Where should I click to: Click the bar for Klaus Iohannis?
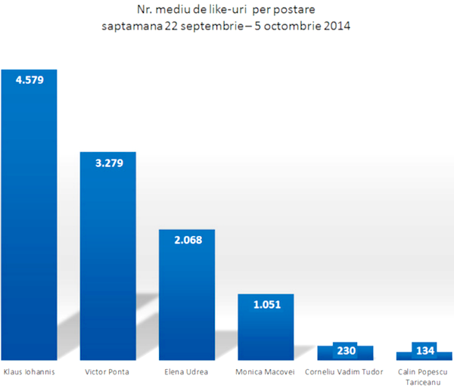click(x=29, y=227)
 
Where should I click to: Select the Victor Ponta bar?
click(x=108, y=265)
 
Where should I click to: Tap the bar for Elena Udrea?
click(x=187, y=303)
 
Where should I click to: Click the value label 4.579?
click(x=29, y=79)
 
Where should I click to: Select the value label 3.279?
click(x=108, y=162)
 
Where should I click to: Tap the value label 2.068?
click(x=187, y=240)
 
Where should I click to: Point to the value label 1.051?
click(x=266, y=304)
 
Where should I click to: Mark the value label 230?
click(x=346, y=352)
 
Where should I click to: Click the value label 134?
click(x=424, y=352)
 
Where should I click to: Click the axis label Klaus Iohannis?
click(x=29, y=372)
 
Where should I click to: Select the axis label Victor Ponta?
click(x=108, y=372)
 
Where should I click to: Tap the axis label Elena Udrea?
click(x=187, y=372)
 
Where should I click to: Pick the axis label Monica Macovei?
click(x=266, y=372)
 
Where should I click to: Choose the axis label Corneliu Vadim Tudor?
click(x=345, y=372)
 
